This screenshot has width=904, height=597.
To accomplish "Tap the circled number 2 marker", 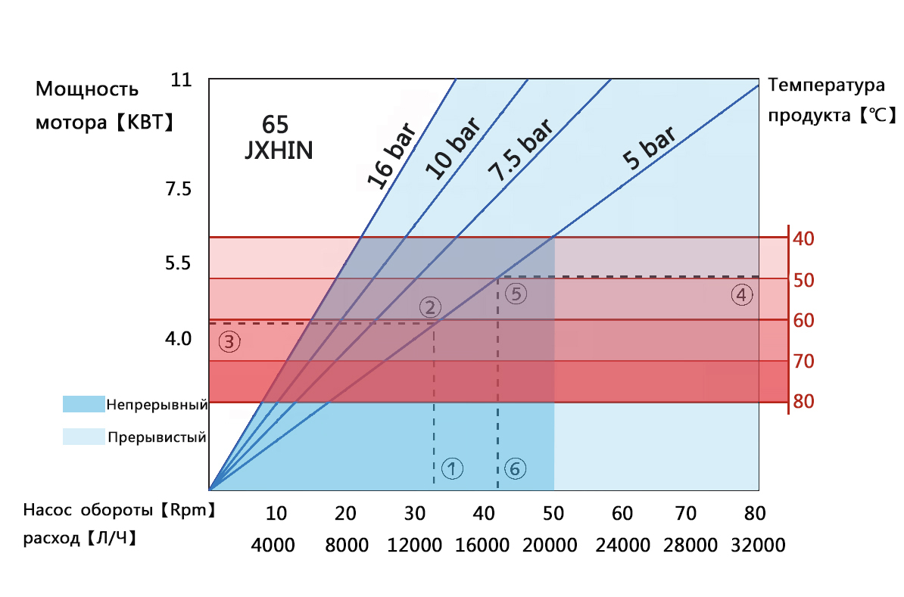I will click(x=429, y=307).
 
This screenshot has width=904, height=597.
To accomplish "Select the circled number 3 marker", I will click(x=229, y=342).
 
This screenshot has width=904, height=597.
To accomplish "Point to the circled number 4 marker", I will click(x=742, y=295).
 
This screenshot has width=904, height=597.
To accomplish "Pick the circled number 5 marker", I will click(x=515, y=294).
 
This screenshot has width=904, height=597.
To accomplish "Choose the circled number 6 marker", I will click(x=515, y=469).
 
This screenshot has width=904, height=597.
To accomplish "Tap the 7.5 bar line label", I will click(x=519, y=147).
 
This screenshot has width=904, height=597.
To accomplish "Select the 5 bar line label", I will click(x=648, y=148).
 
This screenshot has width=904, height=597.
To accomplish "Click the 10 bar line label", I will click(x=452, y=148).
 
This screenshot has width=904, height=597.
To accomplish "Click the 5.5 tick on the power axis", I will click(x=179, y=264).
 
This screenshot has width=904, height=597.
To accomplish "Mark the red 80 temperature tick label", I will click(x=803, y=401).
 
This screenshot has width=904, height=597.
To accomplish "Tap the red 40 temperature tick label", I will click(x=803, y=239).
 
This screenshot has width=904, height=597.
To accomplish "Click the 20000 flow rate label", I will click(x=553, y=545).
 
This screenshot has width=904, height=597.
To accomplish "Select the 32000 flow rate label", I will click(x=758, y=545).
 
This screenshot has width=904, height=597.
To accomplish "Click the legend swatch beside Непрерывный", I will click(x=83, y=404).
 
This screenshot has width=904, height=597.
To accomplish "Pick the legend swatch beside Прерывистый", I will click(x=83, y=437).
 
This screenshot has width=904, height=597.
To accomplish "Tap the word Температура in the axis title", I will click(x=826, y=85).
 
